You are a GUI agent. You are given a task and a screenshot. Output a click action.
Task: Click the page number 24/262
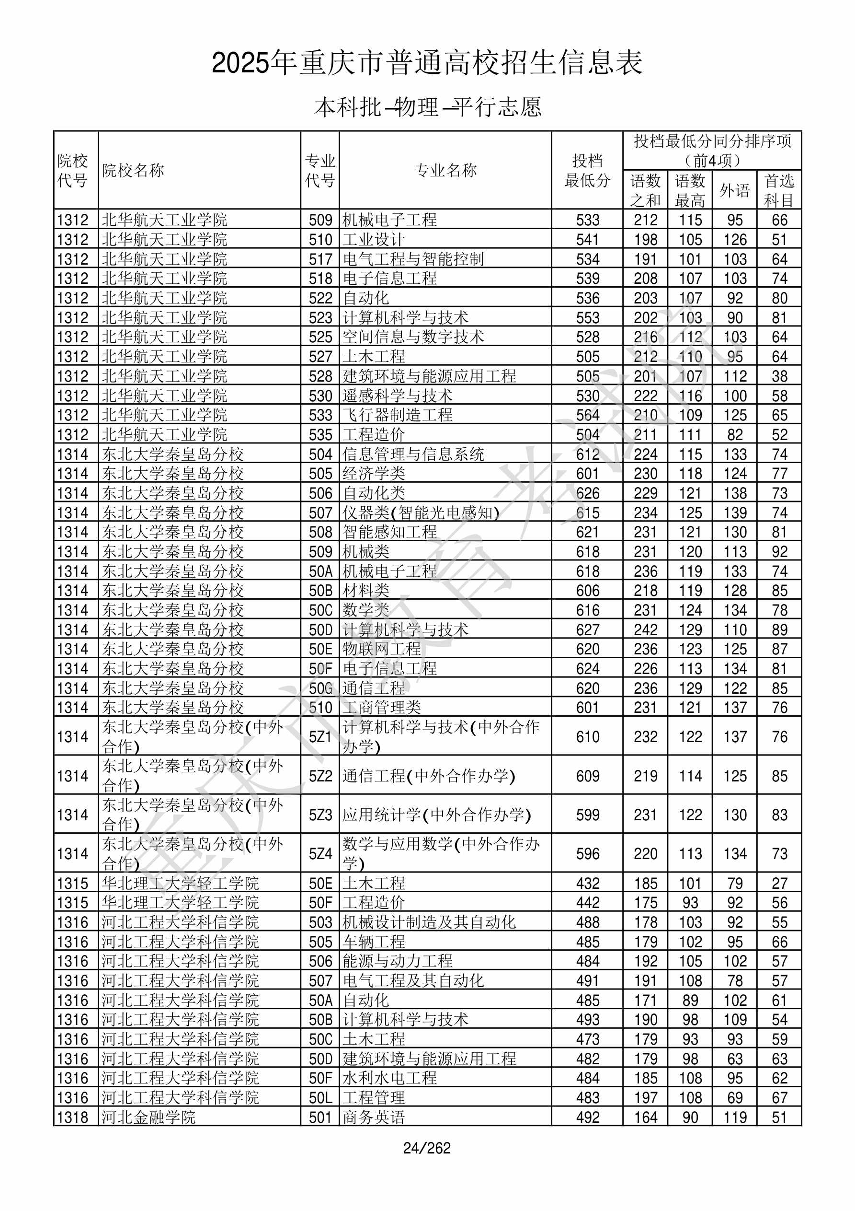pyautogui.click(x=427, y=1148)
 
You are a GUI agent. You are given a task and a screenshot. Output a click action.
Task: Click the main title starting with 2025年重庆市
pyautogui.click(x=427, y=63)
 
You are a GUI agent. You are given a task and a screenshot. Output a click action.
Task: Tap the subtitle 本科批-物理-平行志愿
pyautogui.click(x=427, y=107)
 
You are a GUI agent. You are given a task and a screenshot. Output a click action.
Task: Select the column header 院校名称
pyautogui.click(x=133, y=170)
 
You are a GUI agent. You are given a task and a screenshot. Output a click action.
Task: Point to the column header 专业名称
pyautogui.click(x=445, y=170)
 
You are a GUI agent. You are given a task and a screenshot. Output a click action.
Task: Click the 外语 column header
pyautogui.click(x=735, y=190)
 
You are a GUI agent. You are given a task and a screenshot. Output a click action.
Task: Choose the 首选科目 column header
pyautogui.click(x=779, y=190)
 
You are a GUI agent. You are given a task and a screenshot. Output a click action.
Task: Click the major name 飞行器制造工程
pyautogui.click(x=398, y=415)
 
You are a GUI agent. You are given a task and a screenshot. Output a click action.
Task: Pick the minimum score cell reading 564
pyautogui.click(x=588, y=415)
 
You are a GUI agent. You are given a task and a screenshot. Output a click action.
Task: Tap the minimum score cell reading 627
pyautogui.click(x=588, y=630)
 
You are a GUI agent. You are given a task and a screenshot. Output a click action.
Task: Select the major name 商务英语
pyautogui.click(x=374, y=1117)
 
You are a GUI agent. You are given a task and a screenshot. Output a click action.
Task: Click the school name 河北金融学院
pyautogui.click(x=148, y=1117)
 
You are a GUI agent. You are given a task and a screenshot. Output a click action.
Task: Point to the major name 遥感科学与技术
pyautogui.click(x=398, y=396)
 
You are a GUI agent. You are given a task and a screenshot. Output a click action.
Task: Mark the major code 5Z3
pyautogui.click(x=320, y=815)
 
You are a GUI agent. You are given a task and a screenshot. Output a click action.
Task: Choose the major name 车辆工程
pyautogui.click(x=374, y=942)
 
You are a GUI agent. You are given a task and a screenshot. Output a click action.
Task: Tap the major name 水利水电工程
pyautogui.click(x=389, y=1078)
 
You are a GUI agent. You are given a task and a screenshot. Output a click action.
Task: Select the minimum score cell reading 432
pyautogui.click(x=588, y=884)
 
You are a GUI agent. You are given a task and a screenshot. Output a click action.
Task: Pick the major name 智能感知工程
pyautogui.click(x=389, y=532)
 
